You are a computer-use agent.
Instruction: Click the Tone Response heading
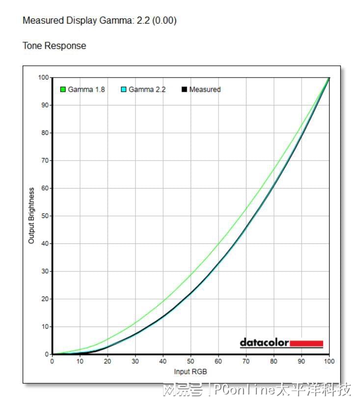pyautogui.click(x=54, y=46)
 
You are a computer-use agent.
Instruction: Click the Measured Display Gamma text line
pyautogui.click(x=99, y=21)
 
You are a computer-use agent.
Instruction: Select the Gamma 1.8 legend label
pyautogui.click(x=86, y=90)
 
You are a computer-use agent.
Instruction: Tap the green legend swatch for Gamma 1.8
pyautogui.click(x=63, y=90)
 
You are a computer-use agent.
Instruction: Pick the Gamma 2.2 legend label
pyautogui.click(x=147, y=90)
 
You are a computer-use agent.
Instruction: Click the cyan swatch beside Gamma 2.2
pyautogui.click(x=124, y=90)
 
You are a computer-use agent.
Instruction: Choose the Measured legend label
pyautogui.click(x=205, y=90)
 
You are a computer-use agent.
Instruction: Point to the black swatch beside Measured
pyautogui.click(x=185, y=90)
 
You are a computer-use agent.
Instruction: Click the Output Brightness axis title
pyautogui.click(x=31, y=215)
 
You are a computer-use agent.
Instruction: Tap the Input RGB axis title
pyautogui.click(x=191, y=372)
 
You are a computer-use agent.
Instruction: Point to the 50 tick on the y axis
pyautogui.click(x=45, y=216)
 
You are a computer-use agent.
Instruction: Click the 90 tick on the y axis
pyautogui.click(x=45, y=105)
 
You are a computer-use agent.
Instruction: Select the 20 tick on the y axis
pyautogui.click(x=45, y=299)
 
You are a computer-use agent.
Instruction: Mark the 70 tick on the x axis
pyautogui.click(x=246, y=361)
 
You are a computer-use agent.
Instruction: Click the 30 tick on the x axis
pyautogui.click(x=136, y=361)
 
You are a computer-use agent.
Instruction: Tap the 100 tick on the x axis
pyautogui.click(x=329, y=361)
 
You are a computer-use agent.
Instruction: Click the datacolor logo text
pyautogui.click(x=264, y=343)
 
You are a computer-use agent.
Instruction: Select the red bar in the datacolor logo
pyautogui.click(x=306, y=343)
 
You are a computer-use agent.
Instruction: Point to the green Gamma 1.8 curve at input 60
pyautogui.click(x=219, y=244)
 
